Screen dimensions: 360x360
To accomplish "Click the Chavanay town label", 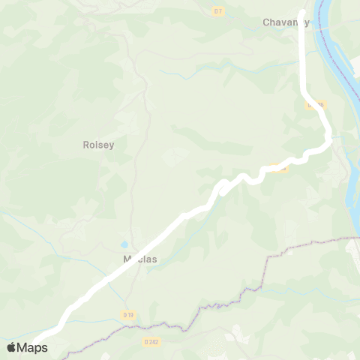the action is (x=286, y=22).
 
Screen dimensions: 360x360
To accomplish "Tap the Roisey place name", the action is (x=98, y=145).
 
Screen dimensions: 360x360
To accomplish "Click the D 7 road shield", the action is (x=218, y=10).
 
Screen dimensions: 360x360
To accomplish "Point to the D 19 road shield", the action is (x=128, y=315).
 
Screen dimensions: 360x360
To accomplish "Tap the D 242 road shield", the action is (x=151, y=342).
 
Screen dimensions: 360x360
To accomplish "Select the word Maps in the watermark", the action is (x=33, y=347).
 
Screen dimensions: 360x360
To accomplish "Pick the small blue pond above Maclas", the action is (x=123, y=245).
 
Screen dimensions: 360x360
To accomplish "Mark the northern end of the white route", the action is (x=302, y=13).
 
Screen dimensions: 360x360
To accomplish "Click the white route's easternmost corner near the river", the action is (x=328, y=137).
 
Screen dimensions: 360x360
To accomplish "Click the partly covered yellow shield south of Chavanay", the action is (x=315, y=106).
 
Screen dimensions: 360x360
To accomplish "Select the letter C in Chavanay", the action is (x=266, y=22).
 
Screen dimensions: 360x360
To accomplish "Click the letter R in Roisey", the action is (x=85, y=145).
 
